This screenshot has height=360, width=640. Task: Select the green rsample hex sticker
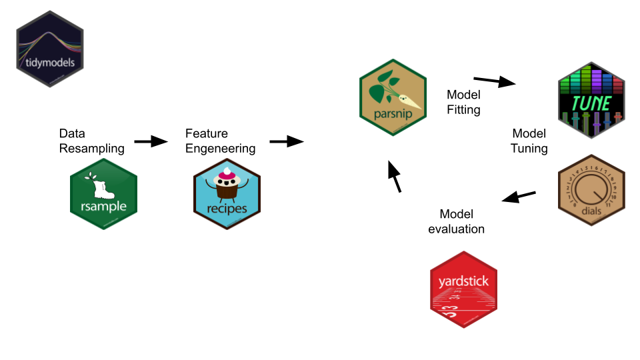pyautogui.click(x=103, y=197)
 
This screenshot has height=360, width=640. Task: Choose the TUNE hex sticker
pyautogui.click(x=591, y=100)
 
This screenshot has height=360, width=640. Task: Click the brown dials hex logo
pyautogui.click(x=591, y=189)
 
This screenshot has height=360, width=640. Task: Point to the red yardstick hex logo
pyautogui.click(x=463, y=289)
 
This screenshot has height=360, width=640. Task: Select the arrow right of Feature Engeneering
pyautogui.click(x=286, y=141)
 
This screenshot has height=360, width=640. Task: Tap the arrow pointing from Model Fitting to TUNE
pyautogui.click(x=495, y=81)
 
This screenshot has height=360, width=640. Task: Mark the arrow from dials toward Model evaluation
pyautogui.click(x=519, y=197)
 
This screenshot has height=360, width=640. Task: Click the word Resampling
pyautogui.click(x=91, y=148)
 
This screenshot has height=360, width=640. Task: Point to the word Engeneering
pyautogui.click(x=220, y=148)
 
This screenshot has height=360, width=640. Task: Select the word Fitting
pyautogui.click(x=463, y=109)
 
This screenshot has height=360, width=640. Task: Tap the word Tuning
pyautogui.click(x=529, y=148)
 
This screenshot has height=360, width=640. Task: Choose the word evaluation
pyautogui.click(x=456, y=229)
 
